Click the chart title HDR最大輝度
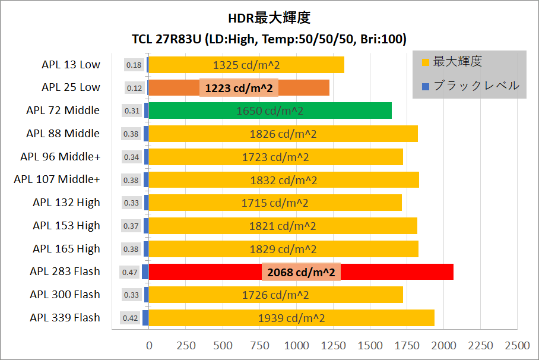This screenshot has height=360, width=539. pos(269,18)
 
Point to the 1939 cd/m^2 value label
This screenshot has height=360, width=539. pos(291,318)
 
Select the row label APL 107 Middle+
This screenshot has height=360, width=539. pos(57,179)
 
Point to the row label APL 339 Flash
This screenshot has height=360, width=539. pos(65,318)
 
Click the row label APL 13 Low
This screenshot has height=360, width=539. pos(71,65)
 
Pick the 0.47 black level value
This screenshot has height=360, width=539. pos(130,272)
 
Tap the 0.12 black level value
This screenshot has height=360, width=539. pos(135,88)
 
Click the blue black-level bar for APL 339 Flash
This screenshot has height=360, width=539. pos(145,318)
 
